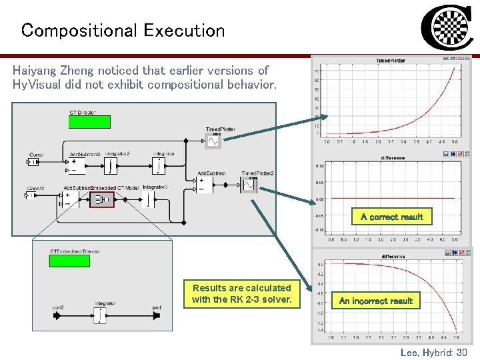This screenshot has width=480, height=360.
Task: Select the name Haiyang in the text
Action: [x=35, y=70]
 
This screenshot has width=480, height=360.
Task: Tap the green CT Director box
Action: [x=90, y=122]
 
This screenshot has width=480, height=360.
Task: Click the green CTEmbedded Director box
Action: [x=70, y=261]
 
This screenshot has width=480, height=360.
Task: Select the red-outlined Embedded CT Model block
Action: [x=103, y=199]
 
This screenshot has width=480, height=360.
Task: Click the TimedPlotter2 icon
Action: [x=249, y=184]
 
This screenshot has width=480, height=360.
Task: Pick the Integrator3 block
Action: [x=148, y=199]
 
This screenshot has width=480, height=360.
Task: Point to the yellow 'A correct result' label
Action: [x=391, y=217]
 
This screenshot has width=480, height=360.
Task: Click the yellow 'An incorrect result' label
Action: [x=376, y=301]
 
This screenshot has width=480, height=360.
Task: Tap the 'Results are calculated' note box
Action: [x=241, y=293]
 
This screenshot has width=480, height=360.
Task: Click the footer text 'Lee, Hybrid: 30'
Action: [x=433, y=351]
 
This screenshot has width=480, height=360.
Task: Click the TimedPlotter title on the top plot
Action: [x=390, y=61]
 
